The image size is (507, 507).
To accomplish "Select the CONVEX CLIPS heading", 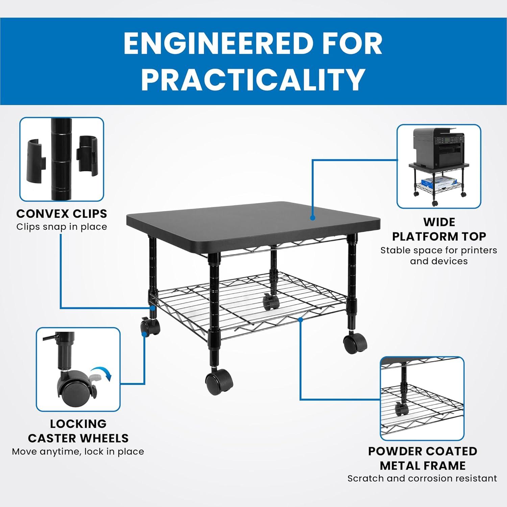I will click(62, 214).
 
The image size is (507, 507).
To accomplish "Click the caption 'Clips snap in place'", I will click(62, 227).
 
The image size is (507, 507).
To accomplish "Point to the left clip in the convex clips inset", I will click(37, 159).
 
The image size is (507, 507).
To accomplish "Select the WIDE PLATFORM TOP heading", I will click(439, 229).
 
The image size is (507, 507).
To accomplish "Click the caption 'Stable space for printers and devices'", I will click(439, 256).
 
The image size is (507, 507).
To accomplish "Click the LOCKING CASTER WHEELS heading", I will click(78, 431).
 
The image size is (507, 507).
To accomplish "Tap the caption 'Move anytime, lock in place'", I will click(78, 452).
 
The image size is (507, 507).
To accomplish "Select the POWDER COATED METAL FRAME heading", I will click(422, 458).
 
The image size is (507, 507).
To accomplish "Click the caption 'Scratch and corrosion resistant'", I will click(422, 478).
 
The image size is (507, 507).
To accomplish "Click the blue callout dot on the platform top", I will click(313, 218).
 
